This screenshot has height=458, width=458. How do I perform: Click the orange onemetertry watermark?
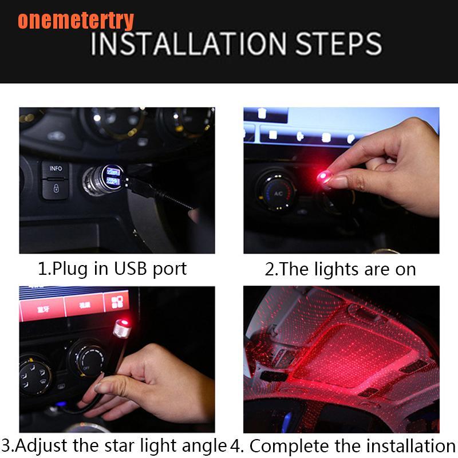(x=76, y=20)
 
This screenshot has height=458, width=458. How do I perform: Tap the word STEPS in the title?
(x=339, y=44)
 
